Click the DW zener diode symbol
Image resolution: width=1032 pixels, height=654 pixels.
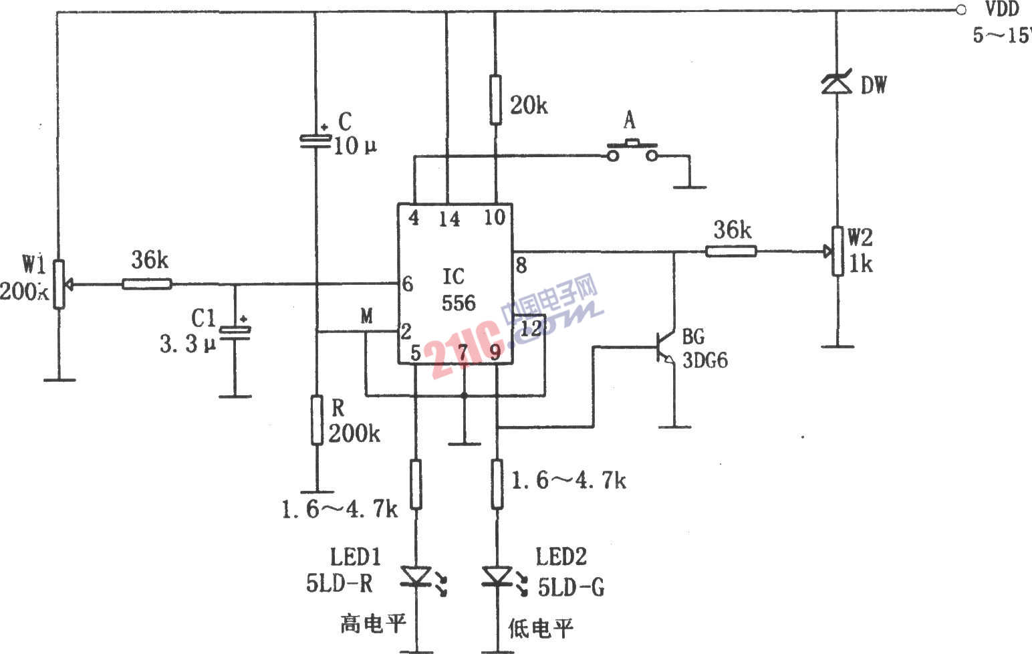835,84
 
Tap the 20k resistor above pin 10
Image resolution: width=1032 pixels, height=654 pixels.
495,100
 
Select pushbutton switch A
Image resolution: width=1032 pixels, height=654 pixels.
631,151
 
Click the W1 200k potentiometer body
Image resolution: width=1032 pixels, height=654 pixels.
59,284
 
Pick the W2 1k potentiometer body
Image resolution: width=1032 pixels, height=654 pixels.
836,251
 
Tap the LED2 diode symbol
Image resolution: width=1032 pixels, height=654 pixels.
497,576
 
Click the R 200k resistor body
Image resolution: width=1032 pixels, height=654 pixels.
317,419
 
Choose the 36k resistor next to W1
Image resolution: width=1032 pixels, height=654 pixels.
147,284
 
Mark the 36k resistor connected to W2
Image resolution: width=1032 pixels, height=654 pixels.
731,251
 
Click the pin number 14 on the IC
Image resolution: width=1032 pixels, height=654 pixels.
449,219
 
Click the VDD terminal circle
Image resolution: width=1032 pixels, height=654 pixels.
960,9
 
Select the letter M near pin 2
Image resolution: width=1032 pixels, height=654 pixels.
366,316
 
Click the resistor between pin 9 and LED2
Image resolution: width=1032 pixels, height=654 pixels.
497,483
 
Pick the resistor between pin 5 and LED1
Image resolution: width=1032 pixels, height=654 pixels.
416,483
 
